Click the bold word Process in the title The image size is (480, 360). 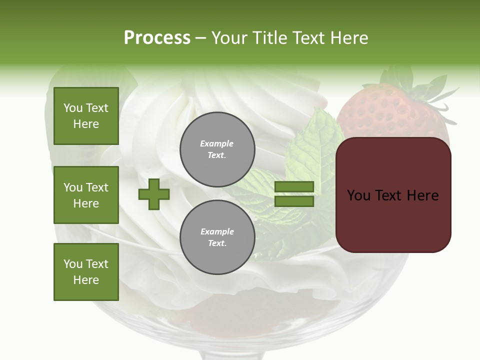[157, 38]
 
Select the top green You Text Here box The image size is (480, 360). [86, 116]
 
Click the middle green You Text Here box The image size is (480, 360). [86, 195]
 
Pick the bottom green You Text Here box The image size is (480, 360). [86, 272]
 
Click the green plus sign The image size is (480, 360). [154, 194]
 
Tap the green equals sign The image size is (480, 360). [294, 194]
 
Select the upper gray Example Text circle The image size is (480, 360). [217, 149]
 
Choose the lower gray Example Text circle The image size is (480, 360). [217, 237]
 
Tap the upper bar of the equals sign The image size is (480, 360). [294, 186]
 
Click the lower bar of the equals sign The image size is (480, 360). [294, 201]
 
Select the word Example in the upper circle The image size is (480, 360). [217, 144]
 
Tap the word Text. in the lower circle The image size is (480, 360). [217, 243]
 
